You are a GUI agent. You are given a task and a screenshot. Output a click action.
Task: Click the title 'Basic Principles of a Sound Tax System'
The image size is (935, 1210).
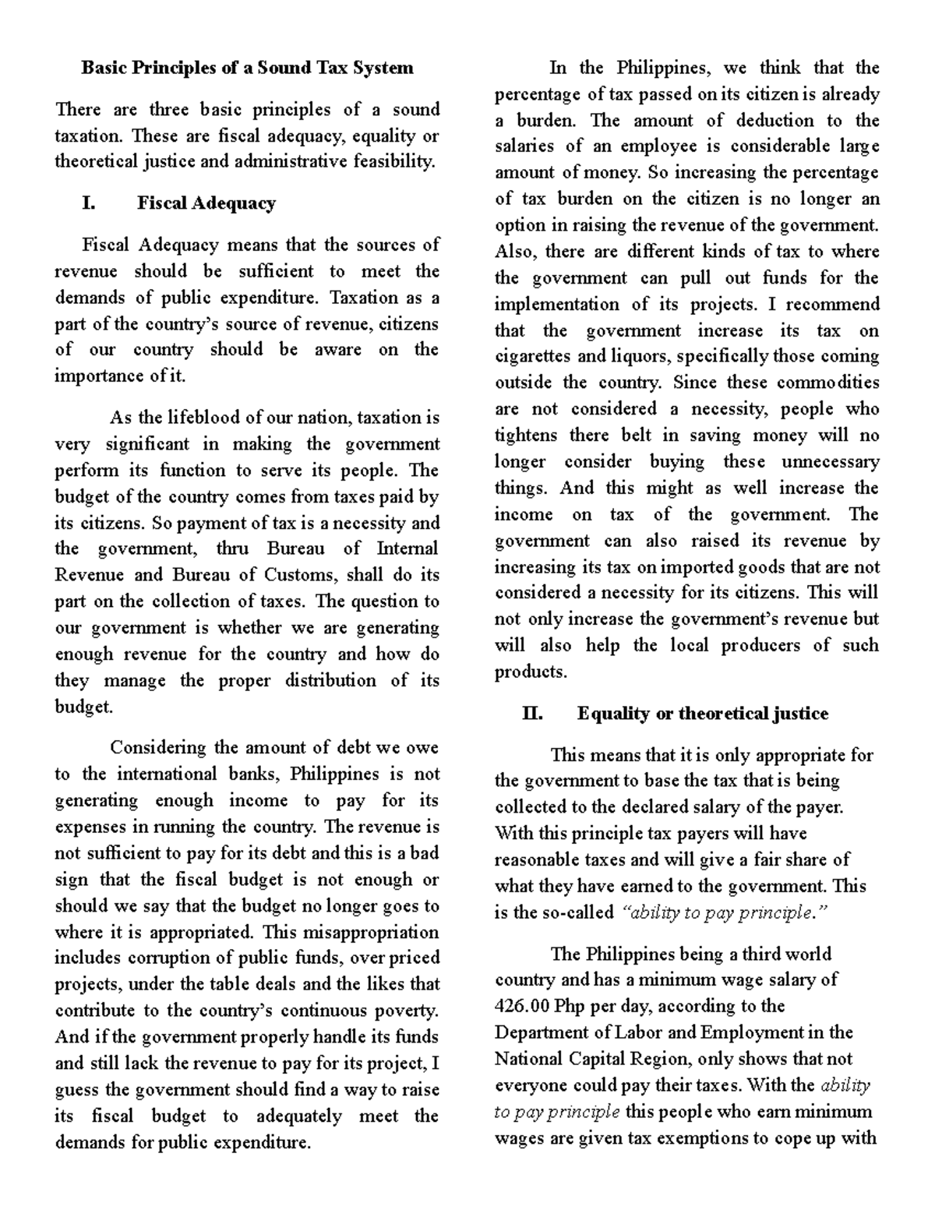247,68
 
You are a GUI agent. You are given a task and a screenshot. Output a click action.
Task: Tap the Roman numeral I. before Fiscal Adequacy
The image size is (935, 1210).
89,203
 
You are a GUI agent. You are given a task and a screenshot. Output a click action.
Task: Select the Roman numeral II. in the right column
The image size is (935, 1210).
532,714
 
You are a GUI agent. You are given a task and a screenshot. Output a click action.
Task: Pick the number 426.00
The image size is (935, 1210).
522,1006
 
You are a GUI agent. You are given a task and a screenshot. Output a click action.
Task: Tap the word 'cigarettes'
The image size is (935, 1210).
532,357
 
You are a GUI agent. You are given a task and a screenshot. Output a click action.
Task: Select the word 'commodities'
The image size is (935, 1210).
827,383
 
